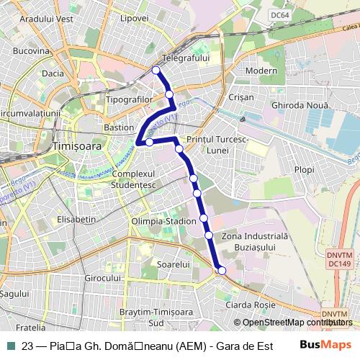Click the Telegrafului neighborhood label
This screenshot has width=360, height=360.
point(186,57)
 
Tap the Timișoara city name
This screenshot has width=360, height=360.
point(78,145)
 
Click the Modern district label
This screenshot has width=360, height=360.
point(261,71)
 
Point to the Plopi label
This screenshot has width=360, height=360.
point(305,170)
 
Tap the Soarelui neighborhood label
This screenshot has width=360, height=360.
point(172,265)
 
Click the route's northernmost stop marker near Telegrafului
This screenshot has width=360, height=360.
point(156,70)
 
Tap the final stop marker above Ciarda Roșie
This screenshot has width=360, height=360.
point(222,270)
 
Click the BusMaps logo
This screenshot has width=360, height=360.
point(326,345)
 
